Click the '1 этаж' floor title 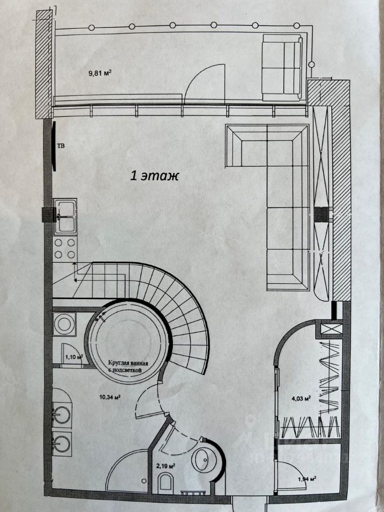pos(154,175)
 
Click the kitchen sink pos(66,216)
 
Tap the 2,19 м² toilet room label pos(165,466)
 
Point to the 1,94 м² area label pos(306,478)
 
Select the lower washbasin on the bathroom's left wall pos(63,443)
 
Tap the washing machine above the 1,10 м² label pos(65,325)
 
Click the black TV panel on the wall pos(54,145)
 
